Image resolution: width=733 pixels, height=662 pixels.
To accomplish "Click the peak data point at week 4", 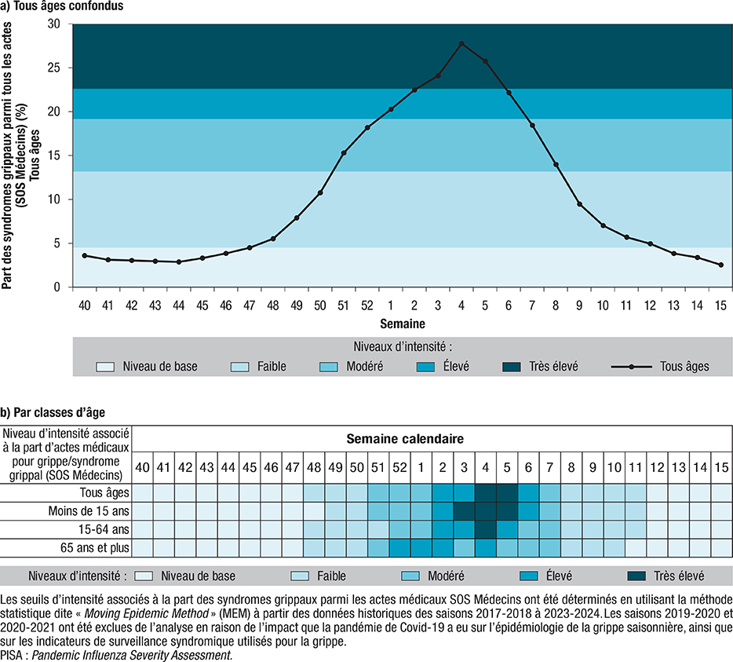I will point(461,43).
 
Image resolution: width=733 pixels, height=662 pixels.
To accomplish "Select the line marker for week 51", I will point(344,152).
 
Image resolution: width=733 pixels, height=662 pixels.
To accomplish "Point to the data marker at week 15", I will point(720,265).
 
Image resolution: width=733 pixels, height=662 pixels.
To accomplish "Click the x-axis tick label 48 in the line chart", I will point(273,302).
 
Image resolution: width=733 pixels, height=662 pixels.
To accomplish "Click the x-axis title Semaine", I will point(403,323).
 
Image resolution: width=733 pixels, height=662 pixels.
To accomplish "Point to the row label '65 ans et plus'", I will point(93,547).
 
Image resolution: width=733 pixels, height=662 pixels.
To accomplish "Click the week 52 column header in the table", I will point(399,467).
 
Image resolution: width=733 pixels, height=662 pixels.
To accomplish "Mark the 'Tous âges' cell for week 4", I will point(485,493).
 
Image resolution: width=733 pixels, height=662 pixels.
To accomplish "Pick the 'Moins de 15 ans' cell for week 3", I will point(463,511).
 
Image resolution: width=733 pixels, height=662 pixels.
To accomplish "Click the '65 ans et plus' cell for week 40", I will point(142,547).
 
